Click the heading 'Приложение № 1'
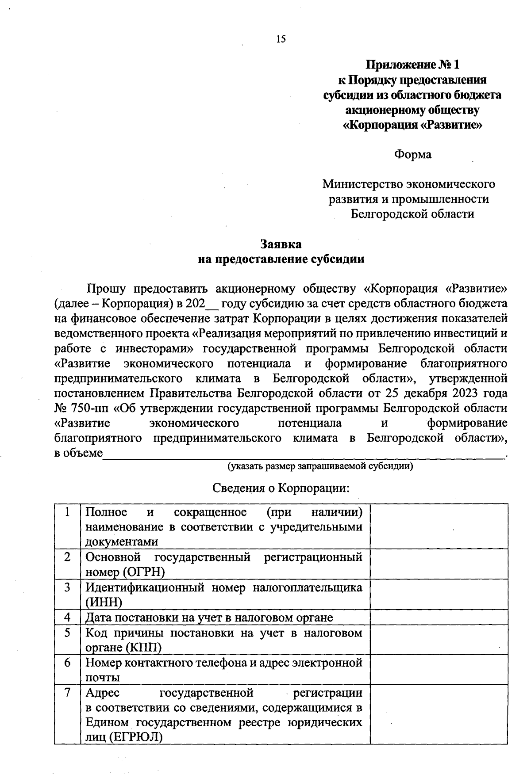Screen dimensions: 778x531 [x=412, y=65]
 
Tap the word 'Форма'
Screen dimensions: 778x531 [x=412, y=155]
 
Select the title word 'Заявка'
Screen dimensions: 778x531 [x=281, y=244]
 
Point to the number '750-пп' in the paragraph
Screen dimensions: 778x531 [x=86, y=408]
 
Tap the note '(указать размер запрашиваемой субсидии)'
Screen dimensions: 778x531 [x=320, y=466]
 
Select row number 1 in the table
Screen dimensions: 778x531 [x=68, y=512]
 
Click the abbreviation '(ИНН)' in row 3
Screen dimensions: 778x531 [x=104, y=602]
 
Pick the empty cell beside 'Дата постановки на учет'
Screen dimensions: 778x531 [x=439, y=617]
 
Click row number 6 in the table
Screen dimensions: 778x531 [x=68, y=663]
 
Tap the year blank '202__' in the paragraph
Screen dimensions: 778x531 [x=202, y=304]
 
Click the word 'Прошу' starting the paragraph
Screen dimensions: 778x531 [x=107, y=289]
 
